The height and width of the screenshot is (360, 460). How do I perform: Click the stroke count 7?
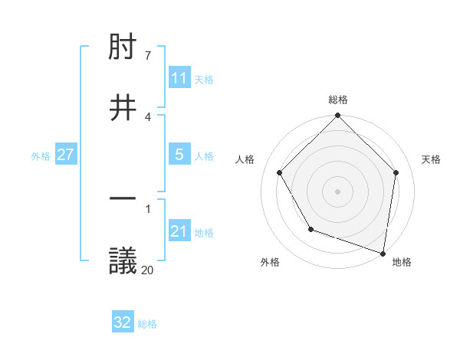148,55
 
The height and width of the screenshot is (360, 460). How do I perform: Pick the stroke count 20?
148,269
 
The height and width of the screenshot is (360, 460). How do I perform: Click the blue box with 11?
179,78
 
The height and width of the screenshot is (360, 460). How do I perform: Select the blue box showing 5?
179,155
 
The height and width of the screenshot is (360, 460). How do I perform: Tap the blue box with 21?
179,231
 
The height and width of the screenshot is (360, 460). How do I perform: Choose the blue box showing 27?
65,155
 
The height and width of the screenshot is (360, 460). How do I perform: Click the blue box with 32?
123,322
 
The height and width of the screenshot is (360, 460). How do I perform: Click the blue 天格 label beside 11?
204,80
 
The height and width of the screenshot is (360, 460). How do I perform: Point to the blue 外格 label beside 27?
41,156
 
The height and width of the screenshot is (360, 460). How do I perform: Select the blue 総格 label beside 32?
147,324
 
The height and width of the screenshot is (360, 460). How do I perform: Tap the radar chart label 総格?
338,100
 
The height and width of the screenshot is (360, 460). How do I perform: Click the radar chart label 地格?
402,262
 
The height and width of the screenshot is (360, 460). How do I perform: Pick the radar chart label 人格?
245,159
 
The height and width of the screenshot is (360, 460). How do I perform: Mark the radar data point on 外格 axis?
310,229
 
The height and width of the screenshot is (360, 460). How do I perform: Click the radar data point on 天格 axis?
396,172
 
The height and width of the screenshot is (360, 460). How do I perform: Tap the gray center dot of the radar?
338,191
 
